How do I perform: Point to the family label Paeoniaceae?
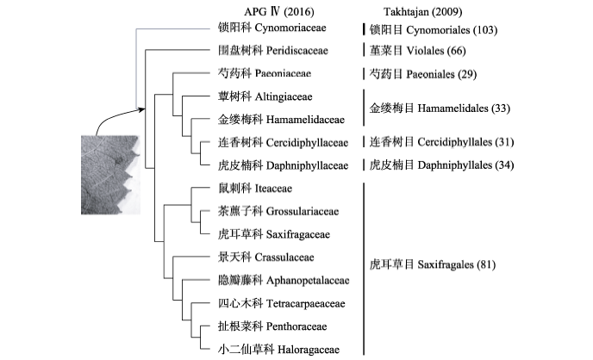click(265, 75)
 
